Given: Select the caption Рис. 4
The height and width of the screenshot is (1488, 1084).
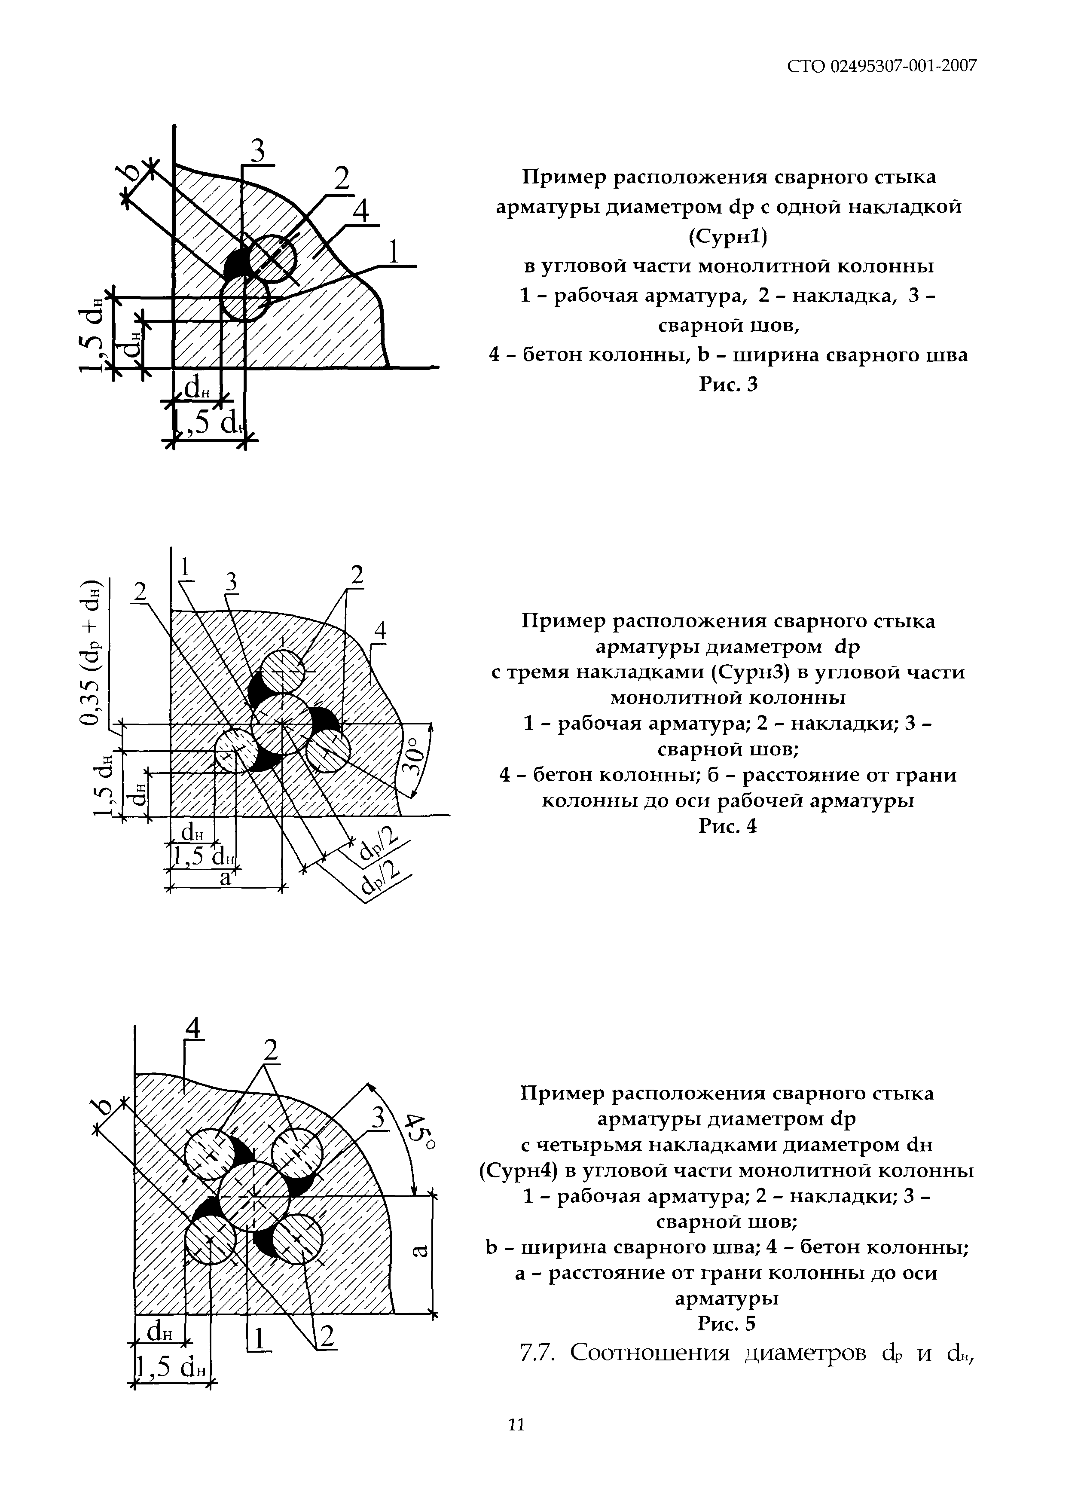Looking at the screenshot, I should (728, 827).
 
